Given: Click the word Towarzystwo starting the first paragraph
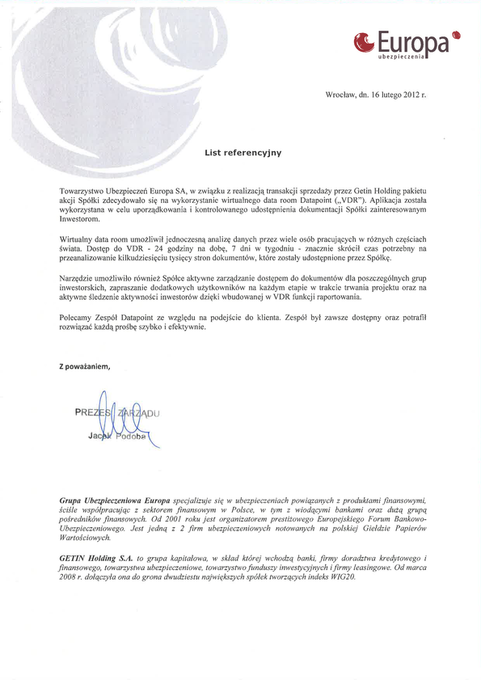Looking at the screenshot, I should click(x=83, y=189).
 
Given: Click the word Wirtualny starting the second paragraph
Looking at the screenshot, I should click(x=79, y=241).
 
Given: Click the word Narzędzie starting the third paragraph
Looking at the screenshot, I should click(x=80, y=279).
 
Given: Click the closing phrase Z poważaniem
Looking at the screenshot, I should click(x=84, y=365).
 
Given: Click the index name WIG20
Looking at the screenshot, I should click(x=343, y=578).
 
